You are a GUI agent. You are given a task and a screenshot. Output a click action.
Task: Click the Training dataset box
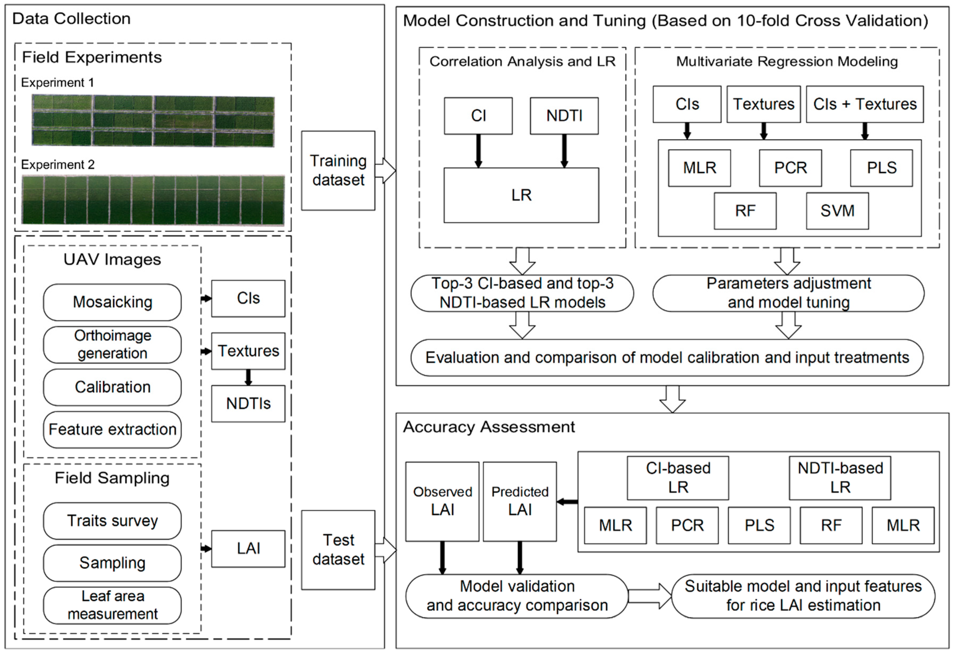point(338,171)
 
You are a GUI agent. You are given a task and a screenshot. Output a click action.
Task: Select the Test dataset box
point(338,550)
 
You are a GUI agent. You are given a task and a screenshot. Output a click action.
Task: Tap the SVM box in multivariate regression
point(837,211)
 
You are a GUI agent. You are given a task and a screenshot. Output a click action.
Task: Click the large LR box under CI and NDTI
point(521,195)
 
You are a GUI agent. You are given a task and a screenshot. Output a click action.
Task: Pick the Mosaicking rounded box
point(112,302)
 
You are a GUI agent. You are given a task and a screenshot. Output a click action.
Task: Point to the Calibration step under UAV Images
point(112,387)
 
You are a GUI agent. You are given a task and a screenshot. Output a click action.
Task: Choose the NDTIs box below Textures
point(248,404)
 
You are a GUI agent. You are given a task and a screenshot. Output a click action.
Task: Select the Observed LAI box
point(442,501)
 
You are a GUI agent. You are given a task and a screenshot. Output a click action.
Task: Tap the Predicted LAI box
point(520,501)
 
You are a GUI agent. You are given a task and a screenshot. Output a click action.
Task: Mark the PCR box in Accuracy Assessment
point(687,525)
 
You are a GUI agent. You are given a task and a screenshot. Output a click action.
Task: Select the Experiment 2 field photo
point(153,200)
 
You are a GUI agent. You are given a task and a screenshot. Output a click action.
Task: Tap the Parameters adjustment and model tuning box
point(788,293)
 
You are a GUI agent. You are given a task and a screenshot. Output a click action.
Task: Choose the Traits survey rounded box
point(112,521)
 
